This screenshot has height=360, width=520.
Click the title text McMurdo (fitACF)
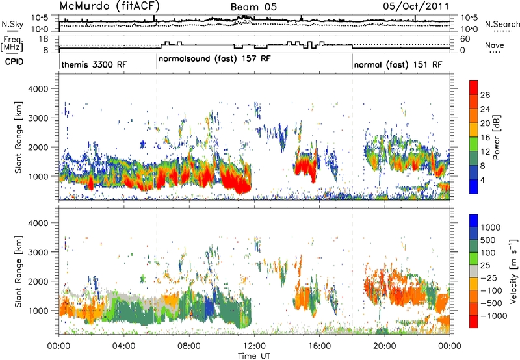(109, 6)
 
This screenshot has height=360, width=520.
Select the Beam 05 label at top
(253, 7)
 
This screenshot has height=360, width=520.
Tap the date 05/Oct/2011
(416, 6)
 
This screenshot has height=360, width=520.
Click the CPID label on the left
(14, 62)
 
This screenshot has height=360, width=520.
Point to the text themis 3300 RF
(94, 64)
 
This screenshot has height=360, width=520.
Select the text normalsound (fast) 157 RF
(214, 59)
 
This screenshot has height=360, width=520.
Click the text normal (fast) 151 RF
(398, 64)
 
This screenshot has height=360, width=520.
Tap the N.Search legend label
(502, 24)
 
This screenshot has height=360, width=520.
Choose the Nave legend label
(495, 45)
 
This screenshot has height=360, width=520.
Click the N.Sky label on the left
(12, 24)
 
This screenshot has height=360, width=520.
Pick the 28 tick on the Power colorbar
(485, 95)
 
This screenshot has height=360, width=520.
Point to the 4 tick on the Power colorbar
(482, 180)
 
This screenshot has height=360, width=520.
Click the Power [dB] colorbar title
(497, 137)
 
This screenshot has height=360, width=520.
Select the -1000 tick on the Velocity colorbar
(494, 316)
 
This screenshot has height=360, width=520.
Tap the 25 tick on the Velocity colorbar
(485, 266)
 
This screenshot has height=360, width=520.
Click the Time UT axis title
(254, 356)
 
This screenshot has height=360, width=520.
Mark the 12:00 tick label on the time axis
(254, 346)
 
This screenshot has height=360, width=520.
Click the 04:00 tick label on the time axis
(124, 346)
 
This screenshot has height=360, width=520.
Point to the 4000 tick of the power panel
(38, 89)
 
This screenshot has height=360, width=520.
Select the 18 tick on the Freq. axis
(44, 39)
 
